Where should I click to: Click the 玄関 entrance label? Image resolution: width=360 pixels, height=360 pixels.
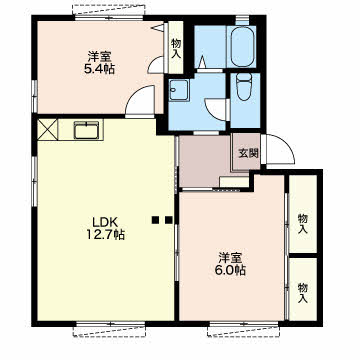coord(248,153)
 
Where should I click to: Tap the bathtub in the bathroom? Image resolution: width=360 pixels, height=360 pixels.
coord(242,46)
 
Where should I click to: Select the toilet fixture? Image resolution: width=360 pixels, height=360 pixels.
coord(245,86)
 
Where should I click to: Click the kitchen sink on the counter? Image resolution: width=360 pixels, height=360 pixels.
coord(86,130)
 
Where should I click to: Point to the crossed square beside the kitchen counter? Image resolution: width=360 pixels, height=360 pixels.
coord(47,130)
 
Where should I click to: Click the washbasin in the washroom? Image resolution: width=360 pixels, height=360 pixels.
coord(178,90)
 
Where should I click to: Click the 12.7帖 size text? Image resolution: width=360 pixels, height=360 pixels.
coord(106,235)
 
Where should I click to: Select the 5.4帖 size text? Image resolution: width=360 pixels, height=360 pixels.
coord(100,69)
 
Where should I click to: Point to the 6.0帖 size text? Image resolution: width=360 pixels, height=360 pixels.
coord(231,270)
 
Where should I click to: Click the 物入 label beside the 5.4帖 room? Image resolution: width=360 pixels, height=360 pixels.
coord(176,49)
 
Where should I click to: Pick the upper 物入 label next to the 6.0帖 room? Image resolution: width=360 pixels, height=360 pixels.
coord(303,224)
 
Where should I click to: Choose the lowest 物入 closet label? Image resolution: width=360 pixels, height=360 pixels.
coord(303,293)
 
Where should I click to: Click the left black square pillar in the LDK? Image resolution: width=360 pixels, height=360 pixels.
coord(155,220)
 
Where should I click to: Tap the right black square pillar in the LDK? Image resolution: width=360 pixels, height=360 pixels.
coord(169,220)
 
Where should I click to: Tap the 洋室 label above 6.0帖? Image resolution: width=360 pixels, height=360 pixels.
coord(231,257)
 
